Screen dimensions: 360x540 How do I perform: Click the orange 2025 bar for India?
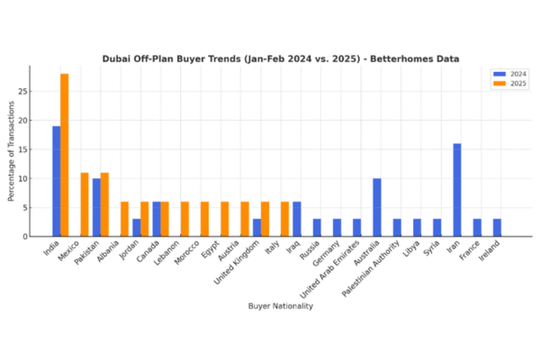[x=65, y=155]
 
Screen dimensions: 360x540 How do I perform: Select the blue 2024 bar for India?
[x=57, y=181]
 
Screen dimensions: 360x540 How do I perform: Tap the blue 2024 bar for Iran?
[x=457, y=190]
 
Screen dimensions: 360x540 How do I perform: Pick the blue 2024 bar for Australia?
[x=377, y=207]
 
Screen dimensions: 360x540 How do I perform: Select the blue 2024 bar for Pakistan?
[x=96, y=207]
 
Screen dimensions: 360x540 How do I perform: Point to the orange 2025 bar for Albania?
[x=125, y=219]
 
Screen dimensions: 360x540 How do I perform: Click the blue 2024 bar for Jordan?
[x=137, y=228]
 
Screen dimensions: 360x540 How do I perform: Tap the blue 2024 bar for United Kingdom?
[x=256, y=228]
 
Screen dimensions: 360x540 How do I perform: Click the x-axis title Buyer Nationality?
[x=280, y=306]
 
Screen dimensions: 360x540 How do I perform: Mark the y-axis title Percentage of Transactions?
[x=12, y=151]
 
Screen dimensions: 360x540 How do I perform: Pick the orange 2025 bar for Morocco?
[x=205, y=219]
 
